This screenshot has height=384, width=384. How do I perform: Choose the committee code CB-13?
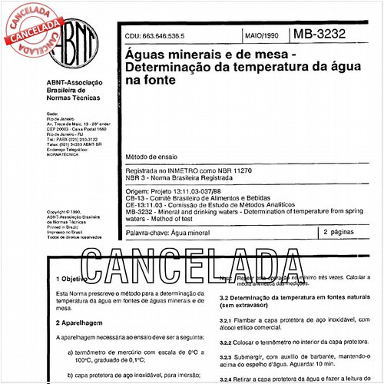136,197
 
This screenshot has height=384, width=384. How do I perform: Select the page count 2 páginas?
339,230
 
